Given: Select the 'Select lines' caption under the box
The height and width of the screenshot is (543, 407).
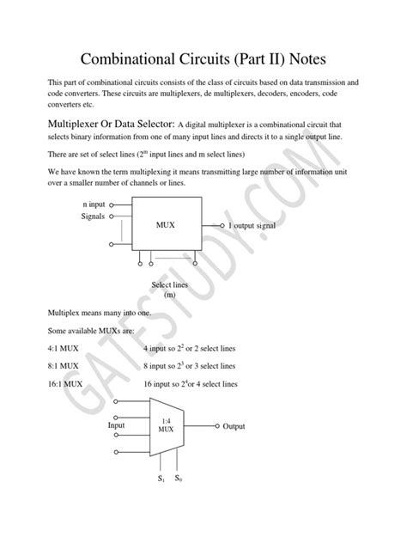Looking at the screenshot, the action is (x=168, y=284).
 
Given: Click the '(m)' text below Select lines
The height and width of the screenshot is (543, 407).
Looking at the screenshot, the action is (x=168, y=295).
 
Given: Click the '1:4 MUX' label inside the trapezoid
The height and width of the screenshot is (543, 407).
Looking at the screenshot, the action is (x=166, y=424).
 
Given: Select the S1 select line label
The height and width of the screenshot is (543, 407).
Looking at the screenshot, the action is (x=160, y=478).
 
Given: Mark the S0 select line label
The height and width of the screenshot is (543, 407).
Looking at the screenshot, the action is (x=179, y=478).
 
